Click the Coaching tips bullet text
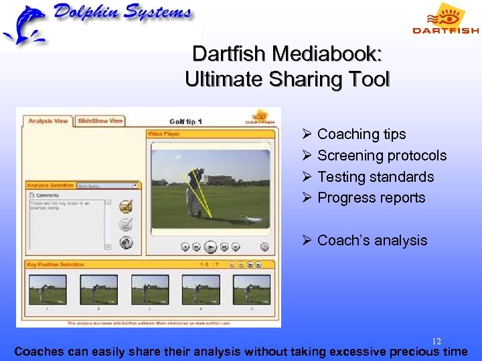361,134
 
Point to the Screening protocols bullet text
382,156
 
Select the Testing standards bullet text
376,177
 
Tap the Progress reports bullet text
371,198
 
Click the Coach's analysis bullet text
372,241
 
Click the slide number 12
436,342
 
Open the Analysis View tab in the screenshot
48,121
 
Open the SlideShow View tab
100,121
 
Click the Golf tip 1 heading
185,122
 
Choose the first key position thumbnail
47,289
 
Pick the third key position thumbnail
149,289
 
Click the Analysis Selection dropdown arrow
136,185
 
